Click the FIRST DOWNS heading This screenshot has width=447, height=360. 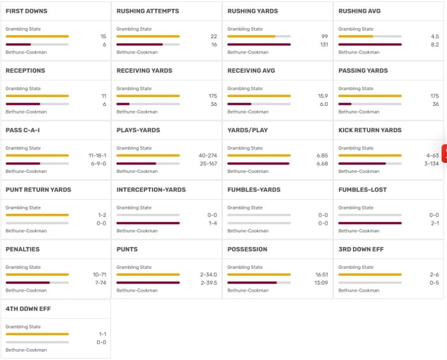[26, 11]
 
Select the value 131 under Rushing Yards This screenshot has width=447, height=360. [324, 45]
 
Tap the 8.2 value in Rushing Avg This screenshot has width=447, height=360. [434, 45]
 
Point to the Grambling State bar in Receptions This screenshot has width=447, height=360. [37, 96]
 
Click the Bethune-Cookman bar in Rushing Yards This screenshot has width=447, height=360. [259, 45]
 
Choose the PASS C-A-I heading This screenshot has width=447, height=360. [23, 130]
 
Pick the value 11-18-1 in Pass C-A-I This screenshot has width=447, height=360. [98, 155]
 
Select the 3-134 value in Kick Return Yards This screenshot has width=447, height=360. [430, 163]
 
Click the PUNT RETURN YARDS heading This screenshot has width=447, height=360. [38, 190]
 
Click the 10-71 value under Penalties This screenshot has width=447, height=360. [99, 274]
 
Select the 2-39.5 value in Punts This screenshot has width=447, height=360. [208, 282]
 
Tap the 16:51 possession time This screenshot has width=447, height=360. [321, 274]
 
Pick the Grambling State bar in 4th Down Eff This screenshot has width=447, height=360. [37, 334]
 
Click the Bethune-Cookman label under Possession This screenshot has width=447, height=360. [248, 290]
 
